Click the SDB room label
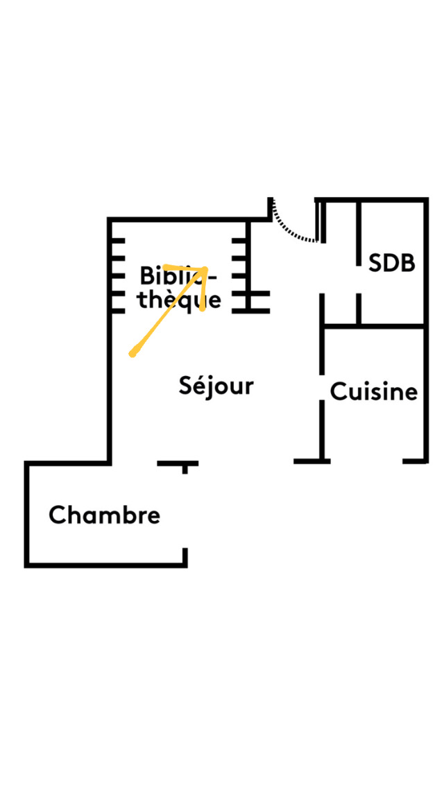[391, 264]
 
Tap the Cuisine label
[374, 392]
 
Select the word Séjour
[216, 386]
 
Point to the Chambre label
[105, 515]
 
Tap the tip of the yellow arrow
[206, 269]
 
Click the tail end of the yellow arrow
[132, 354]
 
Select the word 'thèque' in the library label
[180, 300]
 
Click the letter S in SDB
[375, 264]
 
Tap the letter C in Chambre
[57, 515]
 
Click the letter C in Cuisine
[338, 392]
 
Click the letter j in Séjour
[209, 387]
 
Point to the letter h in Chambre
[72, 515]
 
